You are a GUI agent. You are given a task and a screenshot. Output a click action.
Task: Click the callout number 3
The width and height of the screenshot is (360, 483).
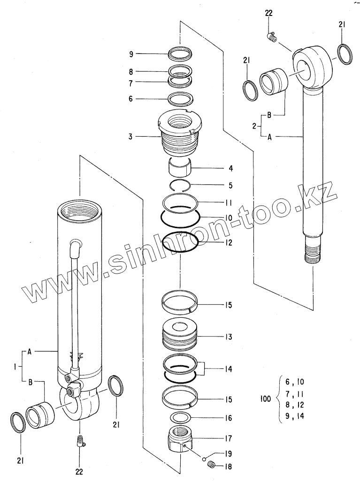pyautogui.click(x=131, y=137)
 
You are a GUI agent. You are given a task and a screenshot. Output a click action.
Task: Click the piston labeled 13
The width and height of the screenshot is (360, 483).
pyautogui.click(x=181, y=337)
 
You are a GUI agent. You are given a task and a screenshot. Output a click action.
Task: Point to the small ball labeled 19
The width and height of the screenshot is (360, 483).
pyautogui.click(x=205, y=458)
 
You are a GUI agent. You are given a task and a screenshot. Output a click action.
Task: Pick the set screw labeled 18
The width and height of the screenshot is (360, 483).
pyautogui.click(x=212, y=465)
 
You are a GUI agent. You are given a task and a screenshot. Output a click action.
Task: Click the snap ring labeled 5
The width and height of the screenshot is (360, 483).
pyautogui.click(x=180, y=185)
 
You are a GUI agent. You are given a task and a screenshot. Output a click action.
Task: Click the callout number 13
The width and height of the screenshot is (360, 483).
pyautogui.click(x=229, y=337)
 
